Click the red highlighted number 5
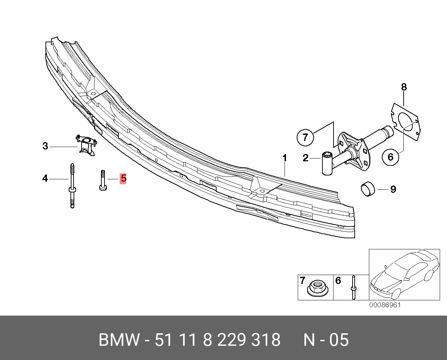123,179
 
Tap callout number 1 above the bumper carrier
285,158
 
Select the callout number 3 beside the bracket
45,146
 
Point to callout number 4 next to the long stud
45,179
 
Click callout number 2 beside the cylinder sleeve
305,158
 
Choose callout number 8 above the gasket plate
404,87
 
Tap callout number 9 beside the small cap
393,189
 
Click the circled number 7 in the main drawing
305,137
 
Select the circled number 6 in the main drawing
390,157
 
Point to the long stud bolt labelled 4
72,186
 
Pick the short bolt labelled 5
103,180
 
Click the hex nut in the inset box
315,288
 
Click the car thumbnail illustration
404,274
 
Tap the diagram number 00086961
385,305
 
